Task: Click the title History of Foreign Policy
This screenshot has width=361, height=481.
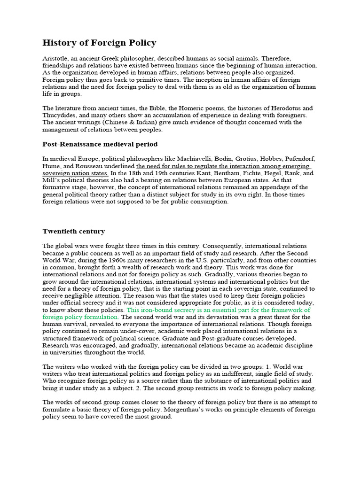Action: pos(99,43)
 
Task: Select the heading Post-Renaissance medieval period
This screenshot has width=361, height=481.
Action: pos(100,144)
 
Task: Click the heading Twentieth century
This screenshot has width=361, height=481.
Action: pos(74,232)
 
